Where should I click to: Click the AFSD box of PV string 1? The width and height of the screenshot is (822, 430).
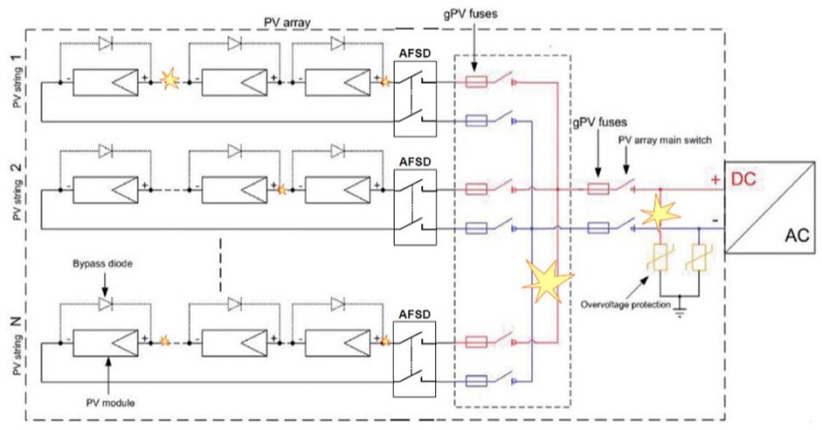click(414, 99)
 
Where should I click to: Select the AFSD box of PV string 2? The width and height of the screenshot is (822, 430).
click(414, 206)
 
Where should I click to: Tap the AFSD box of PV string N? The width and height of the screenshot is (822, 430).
click(414, 360)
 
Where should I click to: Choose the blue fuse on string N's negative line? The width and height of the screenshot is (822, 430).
click(477, 380)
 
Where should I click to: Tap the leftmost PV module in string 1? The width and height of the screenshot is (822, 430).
click(105, 82)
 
